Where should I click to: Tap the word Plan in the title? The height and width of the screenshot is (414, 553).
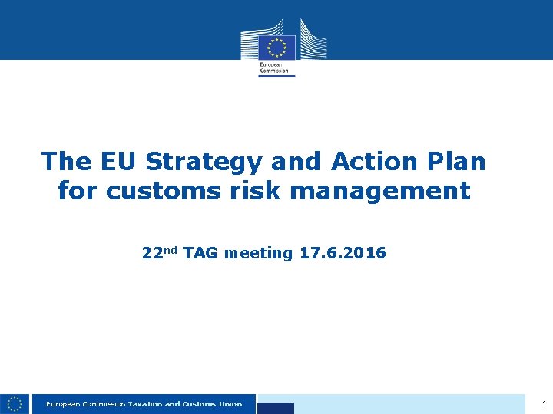pyautogui.click(x=457, y=162)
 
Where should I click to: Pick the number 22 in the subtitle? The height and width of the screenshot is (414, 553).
pyautogui.click(x=151, y=253)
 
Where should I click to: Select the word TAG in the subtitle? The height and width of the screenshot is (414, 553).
pyautogui.click(x=200, y=253)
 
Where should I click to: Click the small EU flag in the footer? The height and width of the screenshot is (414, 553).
pyautogui.click(x=15, y=403)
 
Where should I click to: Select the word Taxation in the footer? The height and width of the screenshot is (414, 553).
pyautogui.click(x=144, y=404)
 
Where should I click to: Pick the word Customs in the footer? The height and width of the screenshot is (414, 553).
pyautogui.click(x=199, y=404)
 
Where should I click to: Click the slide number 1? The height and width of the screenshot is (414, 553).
pyautogui.click(x=544, y=403)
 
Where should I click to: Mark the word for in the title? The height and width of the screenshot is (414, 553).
pyautogui.click(x=78, y=191)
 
